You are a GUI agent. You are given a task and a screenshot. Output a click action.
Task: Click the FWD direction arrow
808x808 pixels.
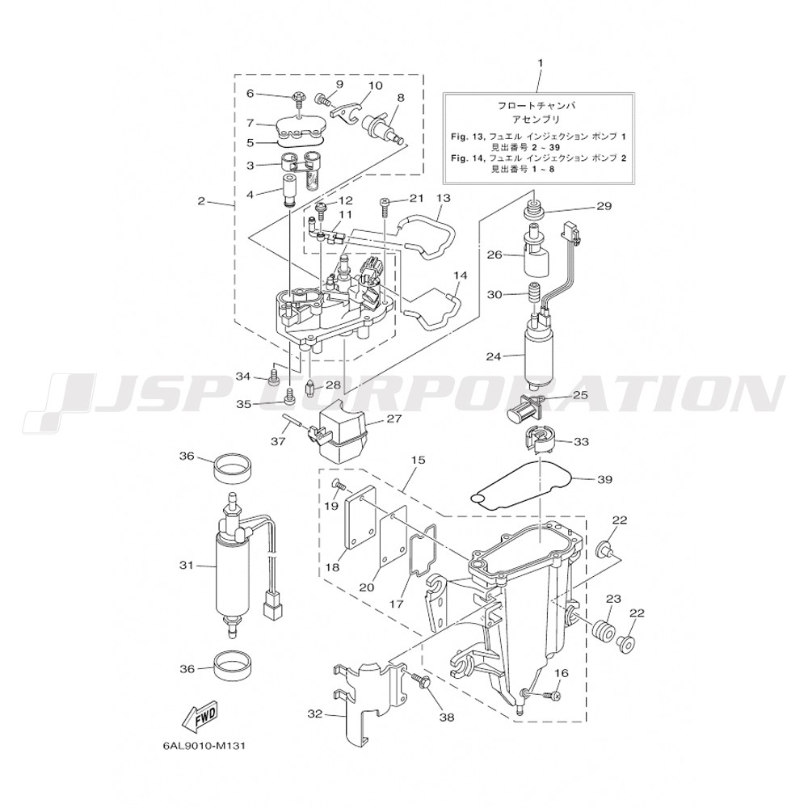[x=199, y=715]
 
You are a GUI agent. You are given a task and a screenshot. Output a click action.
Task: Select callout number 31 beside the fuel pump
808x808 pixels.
[x=186, y=566]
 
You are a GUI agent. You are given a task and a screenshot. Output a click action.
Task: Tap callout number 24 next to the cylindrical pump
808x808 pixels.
[x=493, y=356]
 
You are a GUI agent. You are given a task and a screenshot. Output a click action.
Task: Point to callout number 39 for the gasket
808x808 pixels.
[x=604, y=479]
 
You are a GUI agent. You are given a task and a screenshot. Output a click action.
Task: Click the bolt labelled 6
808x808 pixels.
[x=299, y=96]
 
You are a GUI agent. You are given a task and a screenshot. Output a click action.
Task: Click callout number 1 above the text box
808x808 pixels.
[x=540, y=63]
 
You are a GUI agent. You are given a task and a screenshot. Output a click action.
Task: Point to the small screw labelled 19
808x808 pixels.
[x=338, y=484]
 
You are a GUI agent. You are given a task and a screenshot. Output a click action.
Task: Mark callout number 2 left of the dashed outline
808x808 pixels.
[x=201, y=201]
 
